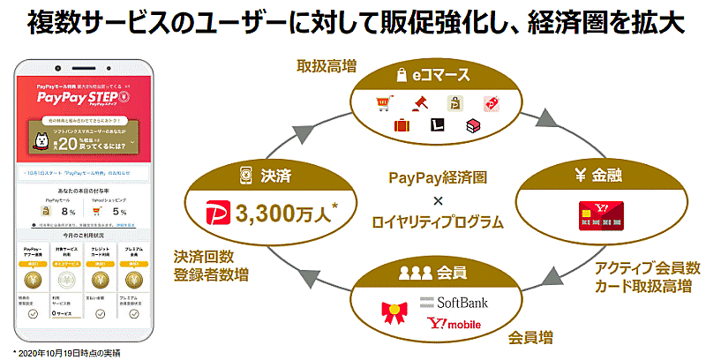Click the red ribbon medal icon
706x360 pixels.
(394, 312)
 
